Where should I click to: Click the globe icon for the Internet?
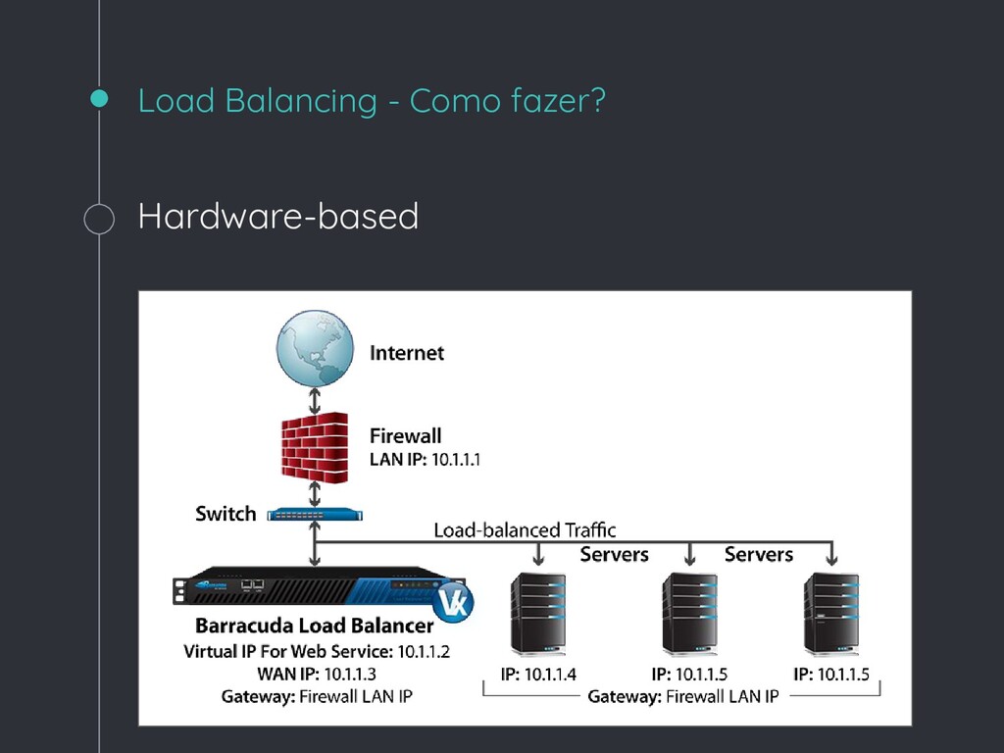tap(314, 347)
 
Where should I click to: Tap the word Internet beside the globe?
tap(406, 353)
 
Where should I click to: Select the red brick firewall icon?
tap(314, 446)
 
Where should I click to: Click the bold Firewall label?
tap(405, 435)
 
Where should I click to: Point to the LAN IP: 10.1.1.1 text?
tap(425, 459)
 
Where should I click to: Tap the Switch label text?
tap(226, 514)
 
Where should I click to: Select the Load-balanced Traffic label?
tap(525, 530)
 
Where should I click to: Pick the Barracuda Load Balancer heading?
tap(314, 626)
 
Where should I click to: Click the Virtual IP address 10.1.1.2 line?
tap(317, 651)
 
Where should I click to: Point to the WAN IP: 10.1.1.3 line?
tap(317, 674)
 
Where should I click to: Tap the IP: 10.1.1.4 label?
tap(538, 674)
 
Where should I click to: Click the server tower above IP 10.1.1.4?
tap(538, 614)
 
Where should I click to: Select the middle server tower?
tap(689, 614)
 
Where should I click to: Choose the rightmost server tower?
tap(830, 614)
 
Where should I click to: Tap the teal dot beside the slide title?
tap(99, 98)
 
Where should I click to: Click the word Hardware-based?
tap(278, 216)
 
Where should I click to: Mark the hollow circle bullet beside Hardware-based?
tap(99, 219)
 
